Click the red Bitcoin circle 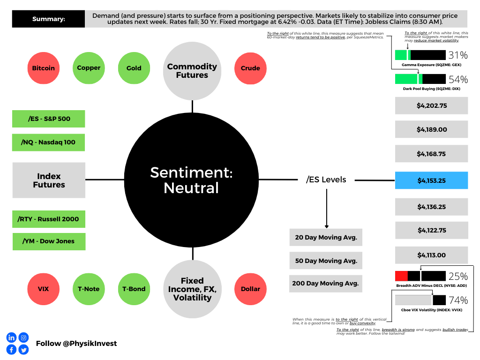[x=44, y=68]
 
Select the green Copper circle [x=89, y=68]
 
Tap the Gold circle [x=134, y=68]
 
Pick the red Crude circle [x=250, y=68]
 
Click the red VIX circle [x=44, y=289]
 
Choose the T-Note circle [x=89, y=289]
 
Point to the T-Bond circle [x=134, y=289]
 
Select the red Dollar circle [x=250, y=289]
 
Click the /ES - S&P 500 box [x=49, y=119]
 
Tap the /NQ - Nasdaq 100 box [x=48, y=142]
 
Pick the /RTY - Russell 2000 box [x=49, y=219]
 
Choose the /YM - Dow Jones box [x=49, y=241]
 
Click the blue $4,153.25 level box [x=432, y=180]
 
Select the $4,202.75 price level [x=432, y=105]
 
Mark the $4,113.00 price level [x=432, y=255]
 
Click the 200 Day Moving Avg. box [x=326, y=284]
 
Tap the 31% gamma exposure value [x=458, y=55]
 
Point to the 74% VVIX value [x=458, y=300]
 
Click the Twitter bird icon [x=23, y=350]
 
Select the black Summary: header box [x=48, y=19]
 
